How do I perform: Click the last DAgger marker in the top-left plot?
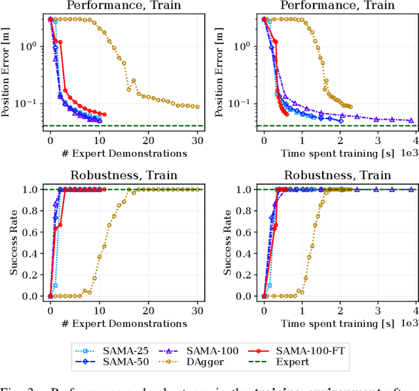click(x=198, y=107)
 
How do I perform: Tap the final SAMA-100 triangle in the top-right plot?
click(x=411, y=121)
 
